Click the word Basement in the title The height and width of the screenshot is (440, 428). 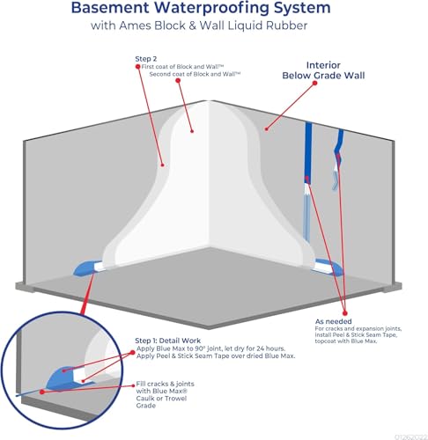pos(114,9)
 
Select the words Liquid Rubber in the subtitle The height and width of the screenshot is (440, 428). pos(281,26)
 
